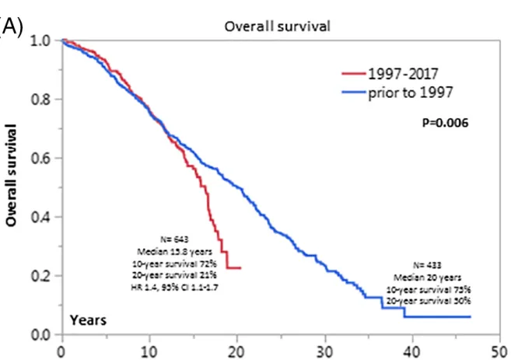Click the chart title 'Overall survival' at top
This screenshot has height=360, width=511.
pyautogui.click(x=278, y=26)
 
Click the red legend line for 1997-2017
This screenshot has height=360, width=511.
pyautogui.click(x=355, y=74)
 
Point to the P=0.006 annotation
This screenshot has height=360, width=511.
pyautogui.click(x=444, y=122)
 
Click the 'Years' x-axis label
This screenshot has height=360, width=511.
pyautogui.click(x=88, y=320)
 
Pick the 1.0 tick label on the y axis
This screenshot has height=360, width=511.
pyautogui.click(x=40, y=40)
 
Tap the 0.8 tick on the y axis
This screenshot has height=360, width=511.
pyautogui.click(x=40, y=100)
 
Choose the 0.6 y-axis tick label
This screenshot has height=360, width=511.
pyautogui.click(x=40, y=159)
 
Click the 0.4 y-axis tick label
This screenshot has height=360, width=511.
pyautogui.click(x=40, y=217)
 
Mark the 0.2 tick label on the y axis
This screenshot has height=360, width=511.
pyautogui.click(x=40, y=276)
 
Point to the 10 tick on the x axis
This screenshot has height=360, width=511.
pyautogui.click(x=149, y=349)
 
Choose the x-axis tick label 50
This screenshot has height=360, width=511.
pyautogui.click(x=500, y=349)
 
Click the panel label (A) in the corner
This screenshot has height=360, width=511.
pyautogui.click(x=11, y=25)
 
